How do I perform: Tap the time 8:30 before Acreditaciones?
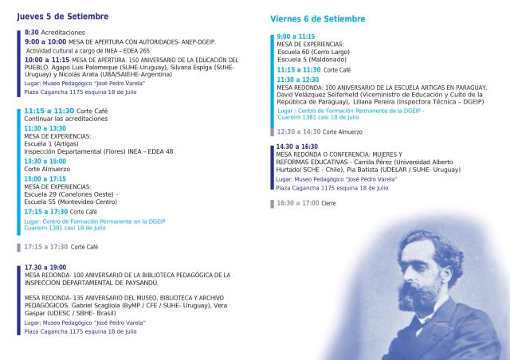point(31,32)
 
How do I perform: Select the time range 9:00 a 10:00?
point(45,40)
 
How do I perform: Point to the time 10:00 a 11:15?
point(47,59)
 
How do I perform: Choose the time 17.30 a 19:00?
point(45,267)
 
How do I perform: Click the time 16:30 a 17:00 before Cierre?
point(297,203)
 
